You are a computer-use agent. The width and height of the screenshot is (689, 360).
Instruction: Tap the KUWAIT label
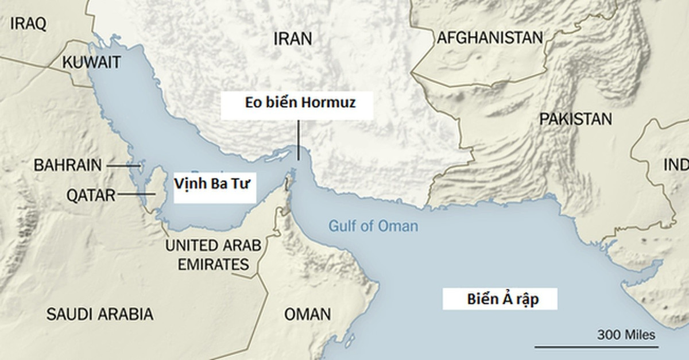pos(92,61)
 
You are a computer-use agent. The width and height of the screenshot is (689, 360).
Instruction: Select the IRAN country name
pos(293,38)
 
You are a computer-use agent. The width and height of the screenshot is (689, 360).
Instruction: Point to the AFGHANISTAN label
pos(490,38)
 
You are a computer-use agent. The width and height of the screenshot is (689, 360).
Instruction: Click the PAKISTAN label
pos(575,119)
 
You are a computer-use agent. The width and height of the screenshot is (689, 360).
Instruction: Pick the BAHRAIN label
pos(68,165)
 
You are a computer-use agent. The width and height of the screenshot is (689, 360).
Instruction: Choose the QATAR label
pos(91,195)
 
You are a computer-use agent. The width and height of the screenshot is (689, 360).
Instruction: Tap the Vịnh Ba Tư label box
pos(214,185)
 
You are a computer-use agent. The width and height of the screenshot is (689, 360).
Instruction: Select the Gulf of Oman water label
pos(373,226)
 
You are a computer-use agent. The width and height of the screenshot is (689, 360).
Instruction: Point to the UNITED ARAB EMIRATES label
pos(213,255)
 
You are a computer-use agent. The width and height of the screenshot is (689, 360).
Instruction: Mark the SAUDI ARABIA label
pos(100,314)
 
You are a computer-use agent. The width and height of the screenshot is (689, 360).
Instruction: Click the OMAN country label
pos(308,314)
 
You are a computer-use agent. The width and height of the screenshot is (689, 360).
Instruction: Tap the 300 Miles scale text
pos(626,335)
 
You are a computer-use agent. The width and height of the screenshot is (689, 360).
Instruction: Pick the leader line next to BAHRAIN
pos(122,165)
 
